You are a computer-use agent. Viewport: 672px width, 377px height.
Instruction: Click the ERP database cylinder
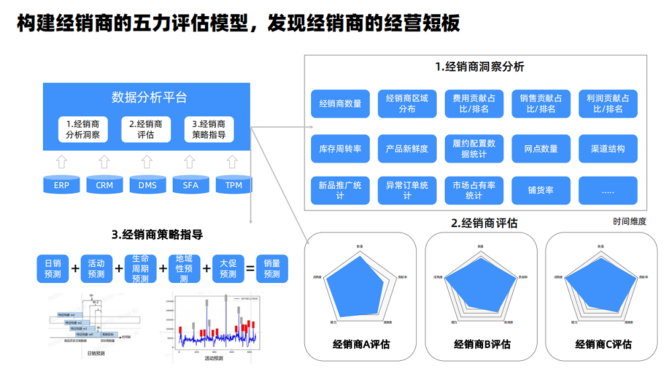coord(62,185)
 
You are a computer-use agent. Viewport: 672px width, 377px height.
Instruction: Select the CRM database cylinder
coord(105,185)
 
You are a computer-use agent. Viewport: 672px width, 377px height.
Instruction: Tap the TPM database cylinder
coord(234,185)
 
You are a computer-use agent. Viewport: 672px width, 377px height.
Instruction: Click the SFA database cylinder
coord(191,185)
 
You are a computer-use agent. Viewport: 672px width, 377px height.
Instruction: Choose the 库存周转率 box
coord(340,149)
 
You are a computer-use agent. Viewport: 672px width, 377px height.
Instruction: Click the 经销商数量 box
coord(340,103)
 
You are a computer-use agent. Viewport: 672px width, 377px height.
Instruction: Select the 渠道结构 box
coord(607,149)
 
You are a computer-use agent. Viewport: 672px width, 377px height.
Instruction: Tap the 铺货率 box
coord(541,191)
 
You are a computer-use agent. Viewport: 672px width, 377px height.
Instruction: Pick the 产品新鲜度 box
coord(407,149)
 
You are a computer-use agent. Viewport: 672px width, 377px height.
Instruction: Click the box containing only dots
coord(607,191)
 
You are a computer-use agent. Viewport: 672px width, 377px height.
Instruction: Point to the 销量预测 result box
coord(272,269)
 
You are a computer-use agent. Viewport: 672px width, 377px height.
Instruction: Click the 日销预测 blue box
coord(52,269)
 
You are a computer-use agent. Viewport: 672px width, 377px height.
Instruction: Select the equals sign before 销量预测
coord(249,269)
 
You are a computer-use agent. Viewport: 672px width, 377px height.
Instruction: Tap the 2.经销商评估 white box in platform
coord(146,129)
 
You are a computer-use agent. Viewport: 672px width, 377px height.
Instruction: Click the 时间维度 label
coord(629,221)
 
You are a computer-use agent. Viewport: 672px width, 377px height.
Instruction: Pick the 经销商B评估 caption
coord(482,344)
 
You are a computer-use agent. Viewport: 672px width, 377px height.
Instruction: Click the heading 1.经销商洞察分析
coord(479,67)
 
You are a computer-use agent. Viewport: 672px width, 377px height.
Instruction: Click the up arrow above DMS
coord(147,162)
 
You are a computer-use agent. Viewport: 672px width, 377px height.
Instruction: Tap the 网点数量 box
coord(541,149)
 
